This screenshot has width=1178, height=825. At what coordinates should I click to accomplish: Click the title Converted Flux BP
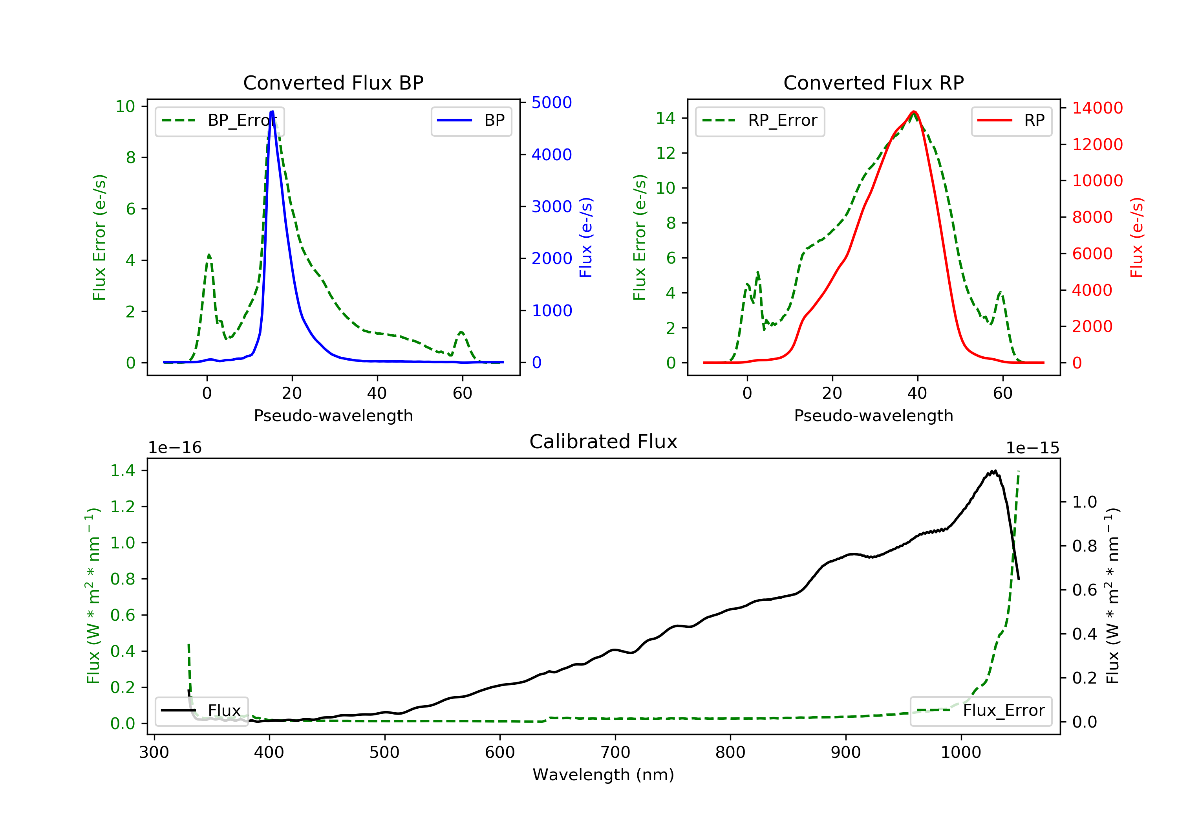pos(333,82)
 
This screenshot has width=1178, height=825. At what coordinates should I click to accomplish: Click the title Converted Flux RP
pos(873,82)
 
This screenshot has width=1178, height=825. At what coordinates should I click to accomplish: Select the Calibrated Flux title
pos(604,442)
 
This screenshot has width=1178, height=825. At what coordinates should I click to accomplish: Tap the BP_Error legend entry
pos(220,121)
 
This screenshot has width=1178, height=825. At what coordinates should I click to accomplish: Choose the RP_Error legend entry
pos(760,121)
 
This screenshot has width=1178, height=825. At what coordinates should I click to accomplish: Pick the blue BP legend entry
pos(471,121)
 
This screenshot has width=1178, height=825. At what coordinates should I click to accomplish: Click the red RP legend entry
pos(1011,121)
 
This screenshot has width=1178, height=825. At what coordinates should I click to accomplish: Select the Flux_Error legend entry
pos(980,711)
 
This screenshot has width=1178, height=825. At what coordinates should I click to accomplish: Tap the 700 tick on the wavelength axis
pos(615,753)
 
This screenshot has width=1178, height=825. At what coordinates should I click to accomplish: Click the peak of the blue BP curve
pos(272,112)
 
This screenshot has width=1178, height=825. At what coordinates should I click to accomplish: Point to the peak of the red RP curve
pos(914,112)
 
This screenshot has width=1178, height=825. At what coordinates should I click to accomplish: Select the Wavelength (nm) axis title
pos(604,775)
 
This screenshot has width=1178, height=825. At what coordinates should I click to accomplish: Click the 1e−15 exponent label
pos(1032,448)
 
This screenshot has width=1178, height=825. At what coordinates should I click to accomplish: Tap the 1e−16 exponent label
pos(175,448)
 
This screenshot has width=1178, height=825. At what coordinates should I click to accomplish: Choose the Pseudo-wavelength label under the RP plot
pos(873,416)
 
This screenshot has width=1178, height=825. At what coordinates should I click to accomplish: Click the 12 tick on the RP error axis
pos(666,153)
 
